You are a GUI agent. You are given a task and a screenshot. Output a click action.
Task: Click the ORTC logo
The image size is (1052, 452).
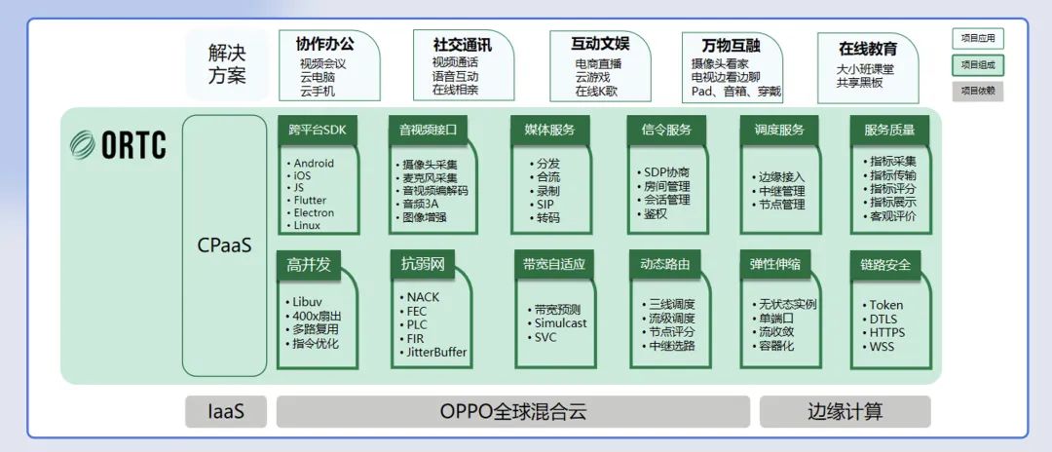click(119, 145)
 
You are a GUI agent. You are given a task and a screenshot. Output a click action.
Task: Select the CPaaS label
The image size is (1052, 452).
click(223, 245)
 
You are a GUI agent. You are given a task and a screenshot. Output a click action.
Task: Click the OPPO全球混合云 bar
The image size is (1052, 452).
click(513, 411)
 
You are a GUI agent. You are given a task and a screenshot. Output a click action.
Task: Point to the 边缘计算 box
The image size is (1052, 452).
click(845, 411)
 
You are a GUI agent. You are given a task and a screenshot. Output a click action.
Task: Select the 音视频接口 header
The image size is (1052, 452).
click(428, 130)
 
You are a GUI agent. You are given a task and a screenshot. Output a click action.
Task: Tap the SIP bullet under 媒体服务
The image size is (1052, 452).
click(545, 205)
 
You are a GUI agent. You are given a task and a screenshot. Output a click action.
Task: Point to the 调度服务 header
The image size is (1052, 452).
click(779, 130)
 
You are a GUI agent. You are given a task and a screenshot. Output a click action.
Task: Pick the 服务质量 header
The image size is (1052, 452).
click(888, 130)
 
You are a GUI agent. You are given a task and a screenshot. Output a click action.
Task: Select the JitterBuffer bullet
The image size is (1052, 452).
click(435, 353)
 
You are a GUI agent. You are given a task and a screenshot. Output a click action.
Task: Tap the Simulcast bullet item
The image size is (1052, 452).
click(560, 323)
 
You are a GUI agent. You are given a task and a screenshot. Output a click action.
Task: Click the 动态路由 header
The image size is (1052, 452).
click(665, 263)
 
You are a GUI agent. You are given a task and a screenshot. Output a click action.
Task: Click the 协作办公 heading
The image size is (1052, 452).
click(324, 44)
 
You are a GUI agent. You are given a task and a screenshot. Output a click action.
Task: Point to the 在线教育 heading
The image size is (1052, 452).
click(868, 48)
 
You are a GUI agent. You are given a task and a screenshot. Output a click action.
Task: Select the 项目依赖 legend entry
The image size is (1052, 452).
click(977, 91)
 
